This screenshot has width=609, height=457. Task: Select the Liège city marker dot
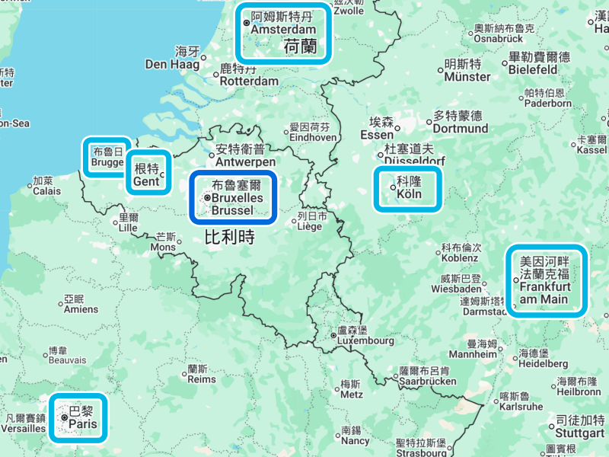pos(295,222)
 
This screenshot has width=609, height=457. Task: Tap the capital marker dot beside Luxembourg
pos(333,335)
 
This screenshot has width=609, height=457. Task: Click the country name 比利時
pos(228,237)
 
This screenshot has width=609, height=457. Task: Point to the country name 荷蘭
pos(299,47)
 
